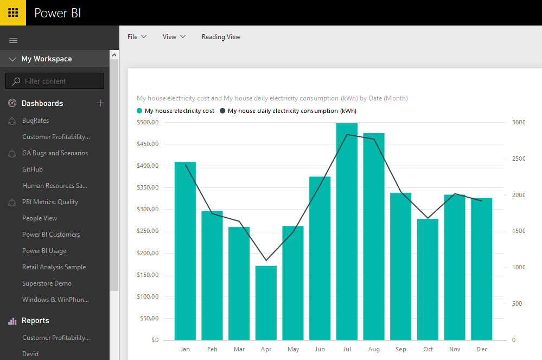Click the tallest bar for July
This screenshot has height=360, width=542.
coord(347,233)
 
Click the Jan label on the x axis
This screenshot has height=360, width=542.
coord(185,349)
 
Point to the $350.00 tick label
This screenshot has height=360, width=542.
coord(148,187)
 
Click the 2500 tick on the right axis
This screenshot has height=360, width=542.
coord(519,159)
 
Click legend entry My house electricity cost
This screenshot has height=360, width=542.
coord(179,111)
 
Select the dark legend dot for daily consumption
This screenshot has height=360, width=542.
coord(222,111)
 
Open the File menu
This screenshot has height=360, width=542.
coord(137,37)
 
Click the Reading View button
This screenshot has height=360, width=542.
coord(221,37)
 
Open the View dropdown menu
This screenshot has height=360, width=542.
coord(174,37)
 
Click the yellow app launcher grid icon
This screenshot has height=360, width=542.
coord(13,12)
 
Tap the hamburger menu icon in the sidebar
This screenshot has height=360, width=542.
coord(14,40)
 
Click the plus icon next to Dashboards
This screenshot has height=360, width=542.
coord(100,103)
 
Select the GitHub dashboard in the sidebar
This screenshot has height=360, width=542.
coord(33,169)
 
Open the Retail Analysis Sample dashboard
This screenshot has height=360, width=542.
coord(54,267)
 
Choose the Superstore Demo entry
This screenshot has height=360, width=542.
coord(47,283)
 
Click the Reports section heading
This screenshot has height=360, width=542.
coord(35,320)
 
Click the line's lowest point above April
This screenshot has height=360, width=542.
coord(266,261)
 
